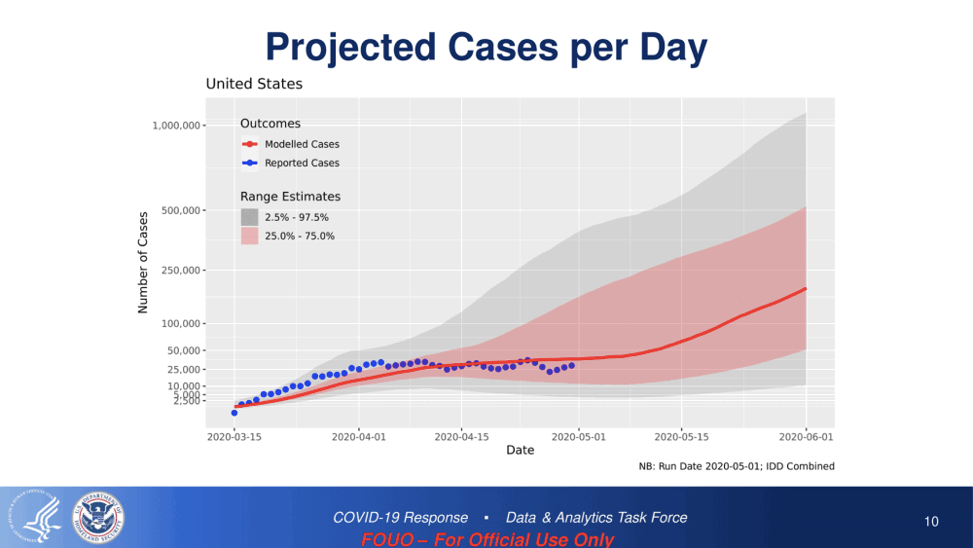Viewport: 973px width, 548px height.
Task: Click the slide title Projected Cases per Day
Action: point(486,46)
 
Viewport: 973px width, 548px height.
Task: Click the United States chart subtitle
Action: point(254,85)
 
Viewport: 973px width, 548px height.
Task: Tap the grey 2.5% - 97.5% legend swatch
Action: point(250,217)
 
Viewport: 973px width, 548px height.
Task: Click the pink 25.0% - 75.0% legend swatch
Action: point(250,236)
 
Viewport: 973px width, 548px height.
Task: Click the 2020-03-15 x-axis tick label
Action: point(234,438)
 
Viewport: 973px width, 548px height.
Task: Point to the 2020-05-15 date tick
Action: point(682,438)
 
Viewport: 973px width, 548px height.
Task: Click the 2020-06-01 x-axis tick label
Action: point(807,438)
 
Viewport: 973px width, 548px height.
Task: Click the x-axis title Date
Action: point(520,451)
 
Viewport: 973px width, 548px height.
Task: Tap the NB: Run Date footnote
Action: point(737,466)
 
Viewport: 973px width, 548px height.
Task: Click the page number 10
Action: point(931,522)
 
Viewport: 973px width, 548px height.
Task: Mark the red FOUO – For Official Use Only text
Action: point(487,539)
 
